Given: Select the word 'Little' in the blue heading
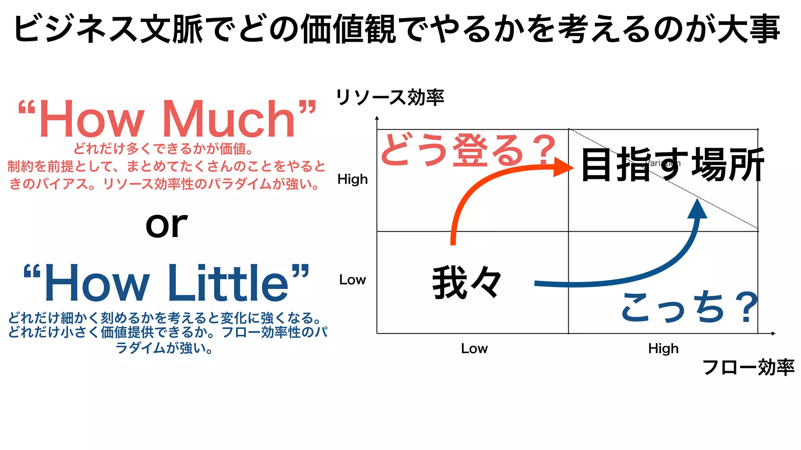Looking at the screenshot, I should tap(229, 283).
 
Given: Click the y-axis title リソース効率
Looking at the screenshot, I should tap(390, 97).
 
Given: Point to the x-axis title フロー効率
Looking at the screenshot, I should tap(748, 367).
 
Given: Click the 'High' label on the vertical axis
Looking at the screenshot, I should tap(352, 179).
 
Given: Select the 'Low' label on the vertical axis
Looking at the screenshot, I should tap(352, 280).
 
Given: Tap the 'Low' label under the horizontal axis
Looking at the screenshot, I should tap(474, 348).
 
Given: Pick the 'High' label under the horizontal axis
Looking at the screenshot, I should tap(663, 348).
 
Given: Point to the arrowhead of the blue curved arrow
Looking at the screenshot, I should tap(697, 209).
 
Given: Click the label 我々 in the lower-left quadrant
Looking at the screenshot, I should tap(467, 282).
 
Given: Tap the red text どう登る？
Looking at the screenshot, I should tap(468, 150).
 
